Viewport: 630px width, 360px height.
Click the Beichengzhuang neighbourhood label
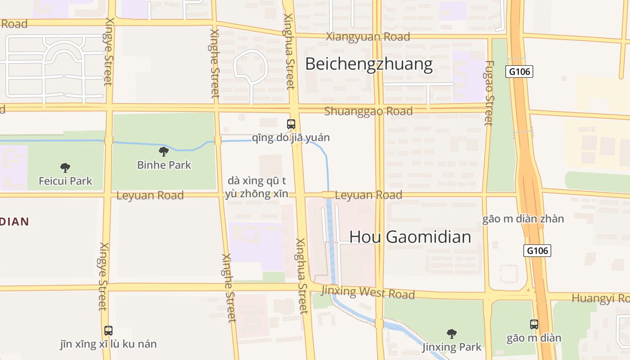click(x=369, y=64)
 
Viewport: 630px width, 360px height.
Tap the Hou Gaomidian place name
click(x=410, y=237)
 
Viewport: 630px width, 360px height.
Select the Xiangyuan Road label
click(x=368, y=37)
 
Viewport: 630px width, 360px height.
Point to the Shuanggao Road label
click(x=368, y=111)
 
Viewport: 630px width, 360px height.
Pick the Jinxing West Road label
click(x=368, y=292)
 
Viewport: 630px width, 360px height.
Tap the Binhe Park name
click(x=164, y=165)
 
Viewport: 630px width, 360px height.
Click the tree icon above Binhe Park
click(x=164, y=152)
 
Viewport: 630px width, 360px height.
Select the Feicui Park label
click(x=65, y=181)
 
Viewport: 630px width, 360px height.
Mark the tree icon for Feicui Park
click(x=65, y=168)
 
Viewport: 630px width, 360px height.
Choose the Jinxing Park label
click(x=451, y=347)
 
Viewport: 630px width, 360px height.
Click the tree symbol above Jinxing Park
click(x=451, y=333)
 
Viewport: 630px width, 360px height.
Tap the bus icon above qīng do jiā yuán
click(x=291, y=124)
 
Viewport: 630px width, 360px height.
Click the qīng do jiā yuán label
click(x=291, y=138)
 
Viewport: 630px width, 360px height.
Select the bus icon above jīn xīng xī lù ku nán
click(x=108, y=331)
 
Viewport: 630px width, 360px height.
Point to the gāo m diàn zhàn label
click(x=523, y=219)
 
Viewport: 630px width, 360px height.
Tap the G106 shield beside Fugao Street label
click(x=519, y=72)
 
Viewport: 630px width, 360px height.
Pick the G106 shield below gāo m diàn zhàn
click(x=537, y=251)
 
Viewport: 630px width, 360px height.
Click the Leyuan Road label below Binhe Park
click(x=150, y=196)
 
